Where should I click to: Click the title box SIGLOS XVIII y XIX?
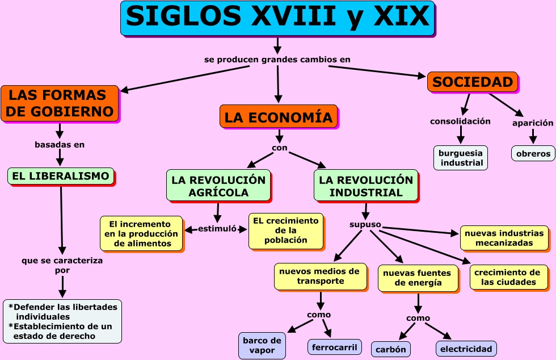277,18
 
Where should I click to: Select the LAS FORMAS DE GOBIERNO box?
60,103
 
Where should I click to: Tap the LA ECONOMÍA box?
278,117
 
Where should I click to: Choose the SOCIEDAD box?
472,82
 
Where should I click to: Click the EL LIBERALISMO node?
60,176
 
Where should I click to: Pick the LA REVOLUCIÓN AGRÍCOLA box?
218,186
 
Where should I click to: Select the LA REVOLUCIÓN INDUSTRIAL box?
365,186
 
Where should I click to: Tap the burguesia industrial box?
460,158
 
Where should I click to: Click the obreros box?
533,153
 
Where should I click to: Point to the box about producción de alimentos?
141,233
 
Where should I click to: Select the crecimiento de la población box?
285,231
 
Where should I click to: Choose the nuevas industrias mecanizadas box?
504,238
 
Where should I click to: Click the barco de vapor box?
262,345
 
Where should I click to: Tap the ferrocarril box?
335,346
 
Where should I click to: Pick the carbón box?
390,349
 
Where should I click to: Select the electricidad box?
466,349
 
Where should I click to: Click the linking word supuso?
365,224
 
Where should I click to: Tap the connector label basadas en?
60,144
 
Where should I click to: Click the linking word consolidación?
460,121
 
